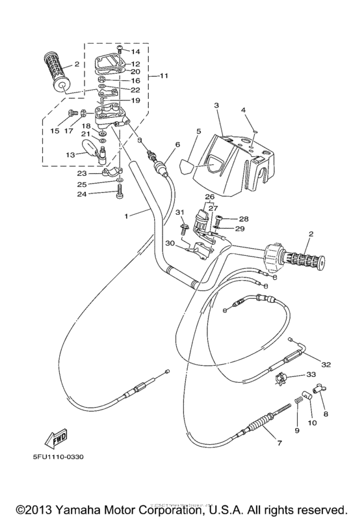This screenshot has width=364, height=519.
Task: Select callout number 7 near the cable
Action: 279,443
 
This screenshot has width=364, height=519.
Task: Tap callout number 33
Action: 311,374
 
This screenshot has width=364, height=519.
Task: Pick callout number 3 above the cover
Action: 216,105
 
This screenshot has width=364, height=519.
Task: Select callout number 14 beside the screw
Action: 136,51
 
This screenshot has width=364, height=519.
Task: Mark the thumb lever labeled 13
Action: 96,155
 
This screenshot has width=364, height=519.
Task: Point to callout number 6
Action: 177,145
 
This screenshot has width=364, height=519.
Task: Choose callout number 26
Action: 209,197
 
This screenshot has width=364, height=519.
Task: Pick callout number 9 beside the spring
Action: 296,430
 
